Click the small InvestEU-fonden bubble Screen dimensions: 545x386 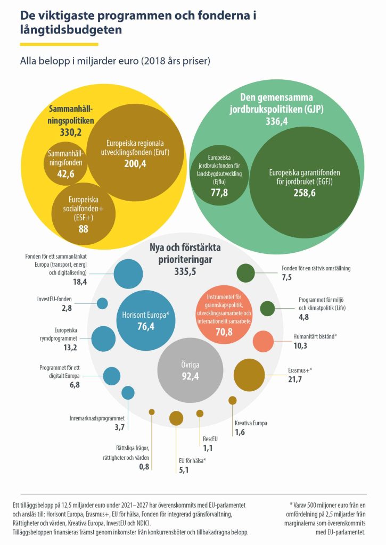point(102,304)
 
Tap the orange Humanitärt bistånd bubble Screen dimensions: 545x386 point(263,342)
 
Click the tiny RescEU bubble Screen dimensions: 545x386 point(200,414)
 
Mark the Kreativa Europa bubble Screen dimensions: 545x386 point(232,400)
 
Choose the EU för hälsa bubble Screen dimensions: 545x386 point(176,418)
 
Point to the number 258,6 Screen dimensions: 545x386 point(304,194)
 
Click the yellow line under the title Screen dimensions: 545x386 point(59,44)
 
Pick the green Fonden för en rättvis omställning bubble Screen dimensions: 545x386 point(245,272)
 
